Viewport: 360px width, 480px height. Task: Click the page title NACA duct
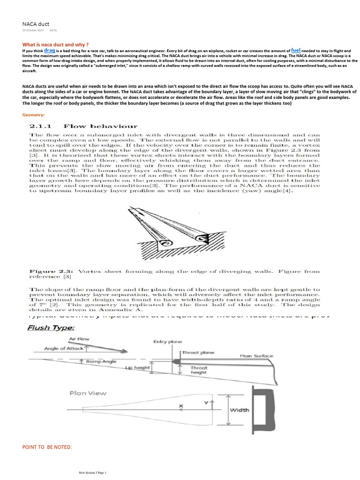point(36,23)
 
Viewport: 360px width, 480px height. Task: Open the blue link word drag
point(50,49)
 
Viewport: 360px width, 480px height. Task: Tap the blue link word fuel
point(296,50)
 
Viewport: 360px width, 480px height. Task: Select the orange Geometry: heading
point(33,115)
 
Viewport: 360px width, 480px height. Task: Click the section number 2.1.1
point(43,126)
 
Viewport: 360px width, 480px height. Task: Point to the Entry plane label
point(167,342)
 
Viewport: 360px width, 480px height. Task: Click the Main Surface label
point(256,356)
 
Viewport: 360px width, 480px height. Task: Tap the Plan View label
point(88,393)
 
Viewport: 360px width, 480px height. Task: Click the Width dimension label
point(239,410)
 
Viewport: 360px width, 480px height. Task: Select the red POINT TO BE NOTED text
point(47,447)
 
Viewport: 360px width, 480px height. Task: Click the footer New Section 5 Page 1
point(93,473)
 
